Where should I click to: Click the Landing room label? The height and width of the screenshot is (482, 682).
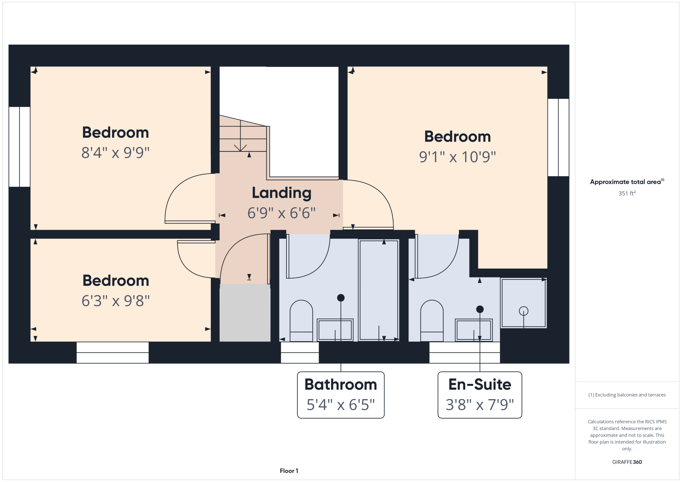tap(282, 193)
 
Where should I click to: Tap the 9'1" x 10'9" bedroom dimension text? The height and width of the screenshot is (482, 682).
tap(457, 157)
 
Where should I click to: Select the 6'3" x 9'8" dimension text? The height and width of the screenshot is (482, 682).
tap(116, 301)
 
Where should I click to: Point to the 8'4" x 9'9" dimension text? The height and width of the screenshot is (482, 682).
tap(116, 153)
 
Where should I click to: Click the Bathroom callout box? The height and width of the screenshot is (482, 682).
tap(341, 395)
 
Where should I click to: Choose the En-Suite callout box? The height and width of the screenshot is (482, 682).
tap(480, 395)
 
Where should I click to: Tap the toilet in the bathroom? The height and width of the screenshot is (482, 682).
tap(301, 320)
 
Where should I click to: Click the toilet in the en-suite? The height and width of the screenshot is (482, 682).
tap(432, 320)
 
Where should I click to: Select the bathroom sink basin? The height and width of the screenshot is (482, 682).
tap(335, 330)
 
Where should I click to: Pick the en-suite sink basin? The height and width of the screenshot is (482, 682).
tap(474, 330)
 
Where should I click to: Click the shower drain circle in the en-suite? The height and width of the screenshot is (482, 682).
tap(523, 311)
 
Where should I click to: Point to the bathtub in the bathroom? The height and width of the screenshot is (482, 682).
tap(379, 290)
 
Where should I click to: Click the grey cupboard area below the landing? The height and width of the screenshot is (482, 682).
tap(245, 313)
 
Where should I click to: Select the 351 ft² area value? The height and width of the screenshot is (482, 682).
tap(627, 193)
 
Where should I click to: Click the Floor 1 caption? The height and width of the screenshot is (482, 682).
tap(289, 471)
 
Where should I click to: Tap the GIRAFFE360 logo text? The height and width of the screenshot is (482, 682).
tap(627, 462)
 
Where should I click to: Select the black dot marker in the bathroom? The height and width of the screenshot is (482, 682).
tap(341, 298)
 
